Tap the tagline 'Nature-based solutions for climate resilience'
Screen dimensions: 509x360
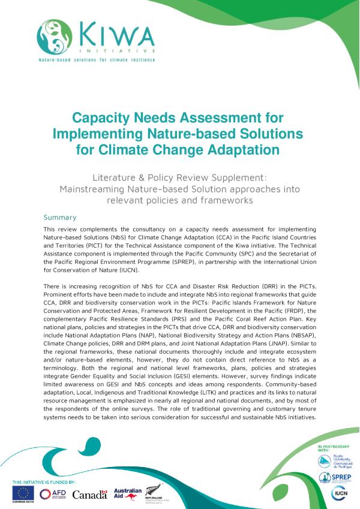click(97, 60)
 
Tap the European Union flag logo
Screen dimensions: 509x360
click(25, 493)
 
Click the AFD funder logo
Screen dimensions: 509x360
click(53, 493)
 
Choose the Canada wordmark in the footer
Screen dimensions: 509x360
click(89, 495)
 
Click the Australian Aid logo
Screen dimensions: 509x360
click(127, 493)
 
